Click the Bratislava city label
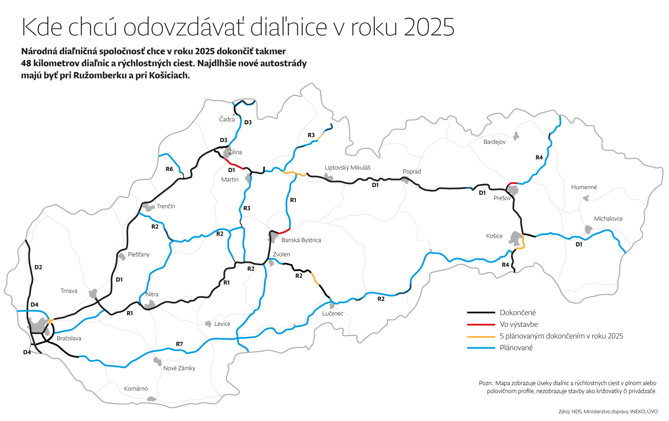[x=69, y=338]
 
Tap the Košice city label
[x=494, y=236]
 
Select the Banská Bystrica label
[x=301, y=240]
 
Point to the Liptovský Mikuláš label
[x=347, y=168]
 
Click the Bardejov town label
[x=494, y=142]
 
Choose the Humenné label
[x=584, y=187]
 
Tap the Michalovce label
[x=608, y=219]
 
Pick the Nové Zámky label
[x=179, y=368]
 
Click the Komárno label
[x=136, y=389]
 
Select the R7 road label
[x=180, y=344]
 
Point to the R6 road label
[x=169, y=169]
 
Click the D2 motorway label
[x=38, y=267]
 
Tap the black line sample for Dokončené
[x=481, y=313]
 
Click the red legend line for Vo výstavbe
[x=481, y=324]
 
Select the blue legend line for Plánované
[x=481, y=348]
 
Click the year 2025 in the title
[x=429, y=27]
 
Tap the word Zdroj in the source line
[x=564, y=411]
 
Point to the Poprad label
[x=412, y=172]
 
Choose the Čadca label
[x=227, y=119]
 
